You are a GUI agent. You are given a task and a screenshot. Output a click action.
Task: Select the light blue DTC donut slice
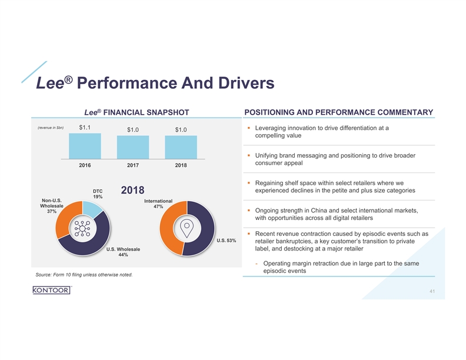click(91, 208)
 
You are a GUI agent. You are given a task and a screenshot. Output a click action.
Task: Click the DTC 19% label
click(98, 194)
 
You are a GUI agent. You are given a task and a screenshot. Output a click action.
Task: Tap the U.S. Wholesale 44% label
click(123, 252)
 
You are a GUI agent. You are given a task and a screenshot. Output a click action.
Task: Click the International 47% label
click(158, 204)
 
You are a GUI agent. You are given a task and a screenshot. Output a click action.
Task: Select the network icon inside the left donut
click(82, 228)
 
